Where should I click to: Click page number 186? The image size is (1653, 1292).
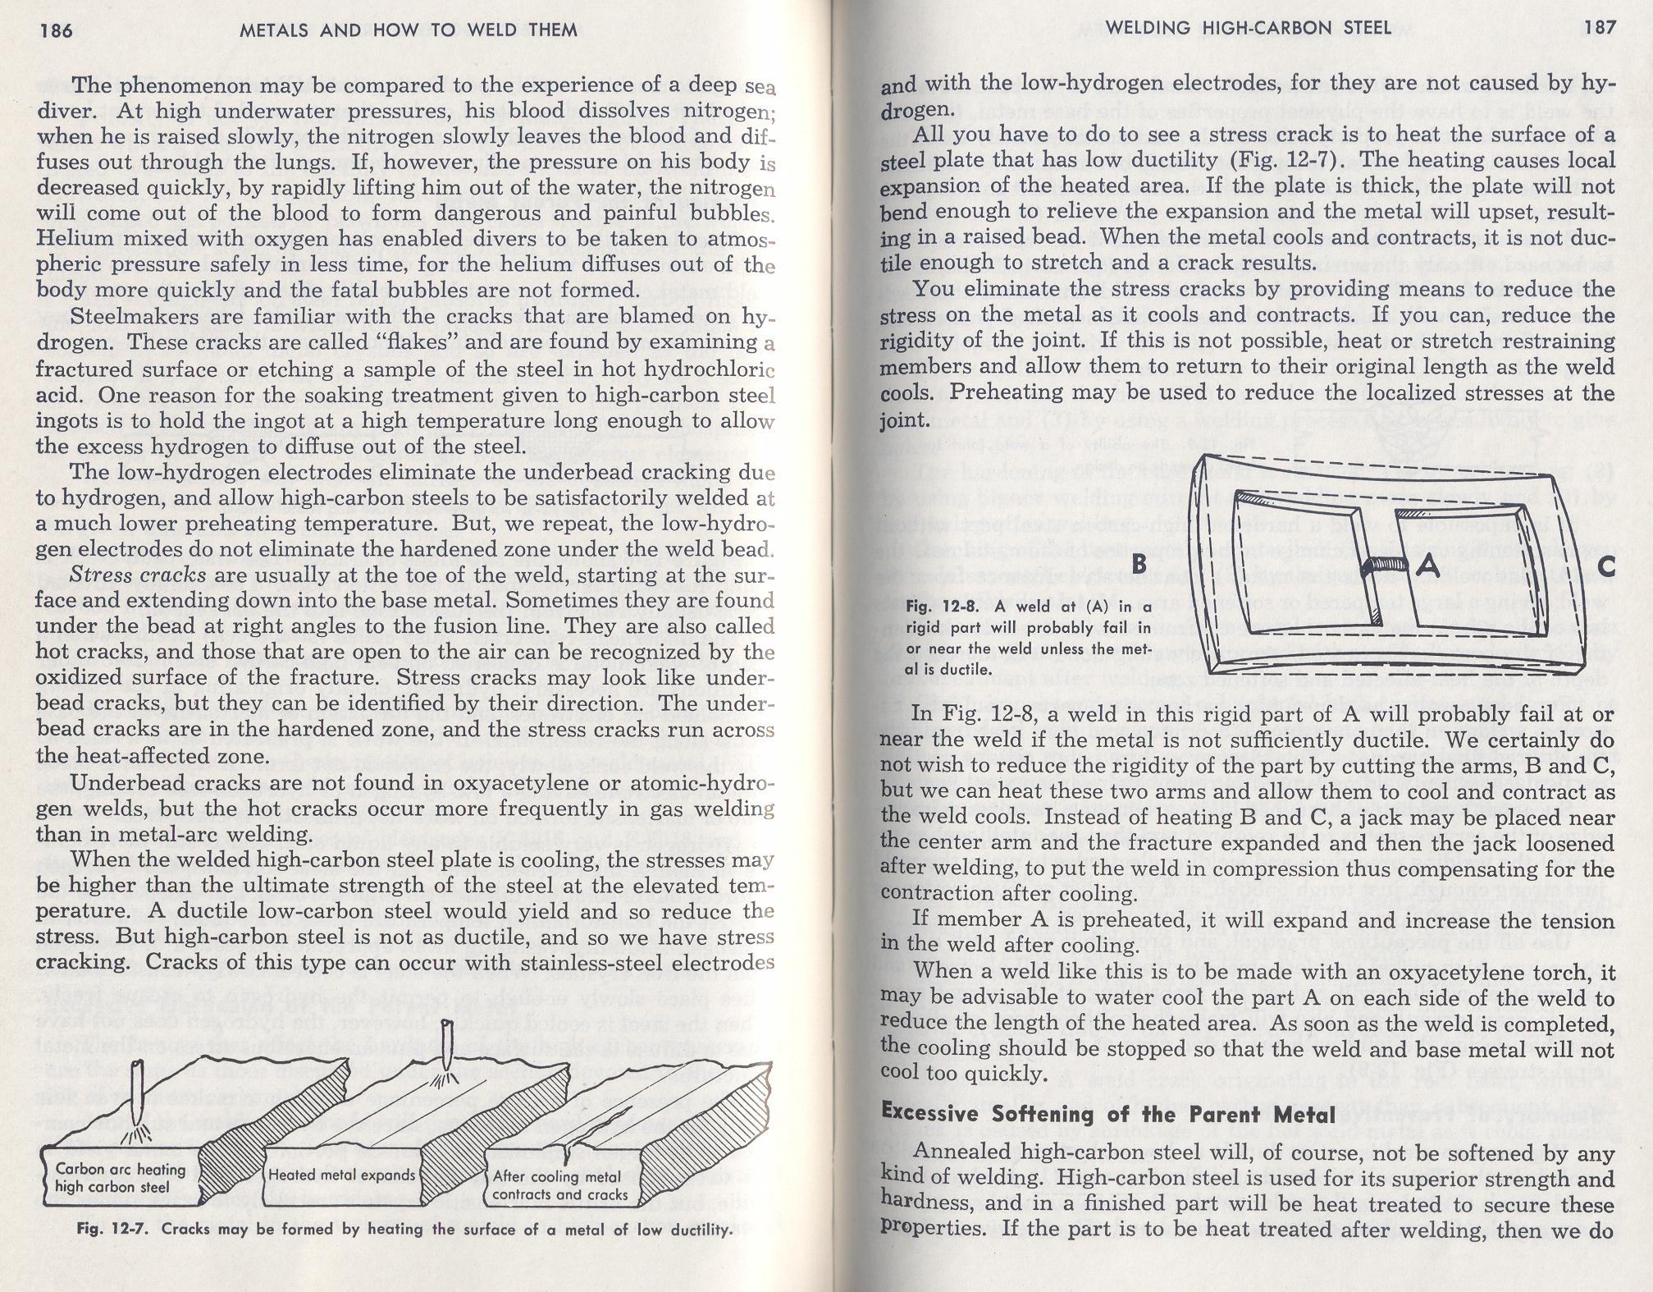56,31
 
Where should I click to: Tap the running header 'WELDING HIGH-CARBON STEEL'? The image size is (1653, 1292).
1248,28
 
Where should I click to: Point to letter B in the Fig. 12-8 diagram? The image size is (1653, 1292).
1139,565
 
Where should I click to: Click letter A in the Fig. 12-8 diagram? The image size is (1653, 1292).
1428,565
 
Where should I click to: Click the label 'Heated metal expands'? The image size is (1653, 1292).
342,1175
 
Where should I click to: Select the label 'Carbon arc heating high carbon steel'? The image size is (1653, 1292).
120,1177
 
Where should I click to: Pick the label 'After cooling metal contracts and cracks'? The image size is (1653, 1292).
559,1185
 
